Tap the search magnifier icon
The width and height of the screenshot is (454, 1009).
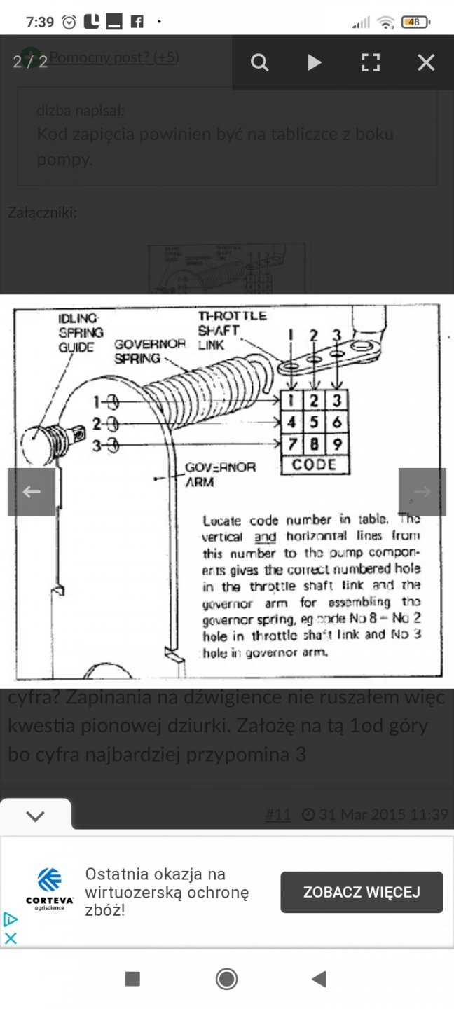pos(259,63)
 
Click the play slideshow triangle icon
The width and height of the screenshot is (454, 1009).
pos(315,63)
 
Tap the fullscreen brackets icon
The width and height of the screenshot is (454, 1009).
pos(370,63)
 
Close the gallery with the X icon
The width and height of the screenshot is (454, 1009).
pos(426,63)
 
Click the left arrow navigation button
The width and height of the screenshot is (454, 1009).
pos(32,492)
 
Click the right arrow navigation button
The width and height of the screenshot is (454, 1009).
pos(422,492)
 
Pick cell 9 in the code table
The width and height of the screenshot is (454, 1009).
pos(338,444)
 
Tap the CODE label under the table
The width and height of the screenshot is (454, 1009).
pos(315,465)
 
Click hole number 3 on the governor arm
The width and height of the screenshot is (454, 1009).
pos(113,444)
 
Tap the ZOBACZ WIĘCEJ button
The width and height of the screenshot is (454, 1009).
pos(362,892)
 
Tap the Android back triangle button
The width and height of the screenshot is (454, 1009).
pos(319,979)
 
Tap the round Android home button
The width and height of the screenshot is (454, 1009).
pos(226,979)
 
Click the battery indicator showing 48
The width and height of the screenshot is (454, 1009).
pos(415,22)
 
